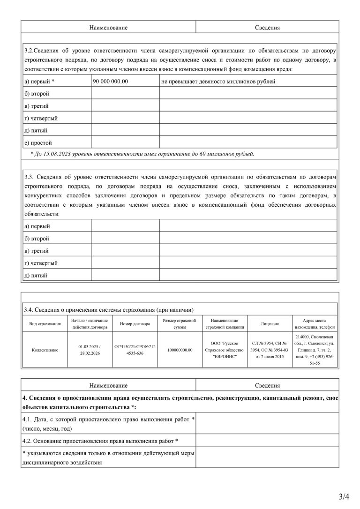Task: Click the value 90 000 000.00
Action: (111, 81)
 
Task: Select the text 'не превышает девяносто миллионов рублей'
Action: (218, 81)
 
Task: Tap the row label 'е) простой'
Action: (38, 142)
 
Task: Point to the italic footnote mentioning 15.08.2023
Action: (142, 153)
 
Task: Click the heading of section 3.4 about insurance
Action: (108, 309)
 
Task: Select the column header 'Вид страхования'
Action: (45, 324)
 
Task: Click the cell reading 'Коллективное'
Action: (45, 350)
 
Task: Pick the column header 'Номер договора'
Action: (135, 324)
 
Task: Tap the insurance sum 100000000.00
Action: (180, 350)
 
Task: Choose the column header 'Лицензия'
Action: (270, 324)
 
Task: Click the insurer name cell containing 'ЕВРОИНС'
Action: (225, 350)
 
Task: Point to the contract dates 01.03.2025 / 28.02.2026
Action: (90, 350)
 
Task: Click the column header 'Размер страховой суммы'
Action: (180, 324)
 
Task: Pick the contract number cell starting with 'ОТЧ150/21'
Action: (135, 350)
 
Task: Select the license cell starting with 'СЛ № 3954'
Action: (270, 350)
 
